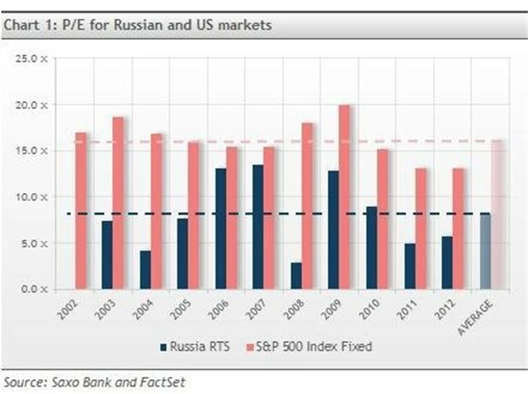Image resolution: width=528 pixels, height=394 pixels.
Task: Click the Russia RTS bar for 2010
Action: [371, 247]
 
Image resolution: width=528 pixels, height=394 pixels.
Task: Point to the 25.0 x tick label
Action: [35, 59]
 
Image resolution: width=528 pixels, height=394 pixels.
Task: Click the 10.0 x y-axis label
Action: [35, 197]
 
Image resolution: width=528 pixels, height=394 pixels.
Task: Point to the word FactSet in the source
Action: [178, 382]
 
